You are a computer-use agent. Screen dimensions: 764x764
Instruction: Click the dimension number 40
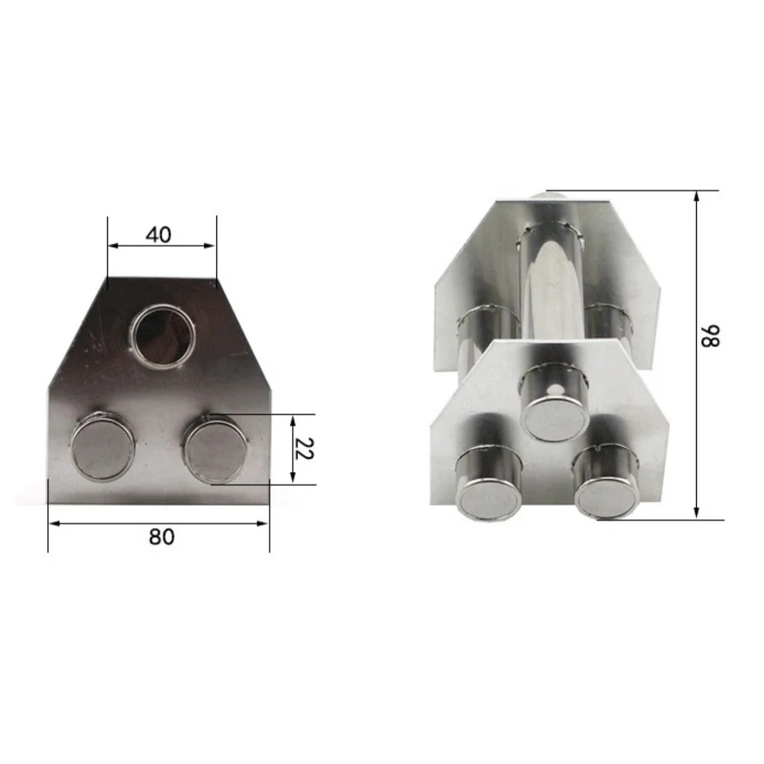(158, 235)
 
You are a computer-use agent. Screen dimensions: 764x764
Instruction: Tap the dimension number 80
(161, 536)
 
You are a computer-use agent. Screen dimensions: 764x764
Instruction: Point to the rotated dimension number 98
(710, 336)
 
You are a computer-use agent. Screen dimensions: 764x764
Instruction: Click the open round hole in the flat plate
(163, 336)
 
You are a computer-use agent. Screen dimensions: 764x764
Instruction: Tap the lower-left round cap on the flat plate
(103, 445)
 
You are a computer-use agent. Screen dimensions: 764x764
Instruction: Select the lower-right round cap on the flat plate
(216, 447)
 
